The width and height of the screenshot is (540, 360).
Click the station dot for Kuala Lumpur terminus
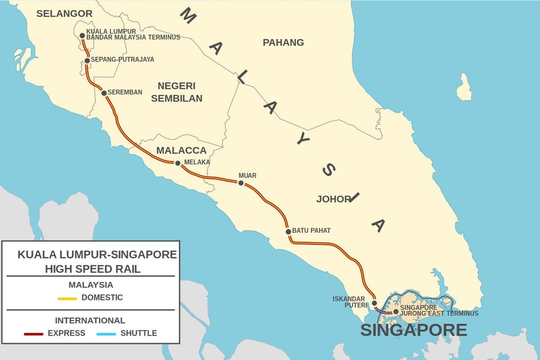click(82, 35)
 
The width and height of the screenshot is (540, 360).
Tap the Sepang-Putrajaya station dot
click(87, 61)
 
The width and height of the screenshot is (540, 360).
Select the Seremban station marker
click(104, 93)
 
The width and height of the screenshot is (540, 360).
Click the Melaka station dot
click(178, 163)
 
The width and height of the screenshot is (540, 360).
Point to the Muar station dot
click(241, 183)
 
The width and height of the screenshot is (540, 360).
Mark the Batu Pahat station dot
click(288, 232)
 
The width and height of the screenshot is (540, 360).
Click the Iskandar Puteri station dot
click(374, 304)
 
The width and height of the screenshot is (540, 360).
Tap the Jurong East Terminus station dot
click(395, 311)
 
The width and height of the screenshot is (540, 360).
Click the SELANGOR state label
click(64, 13)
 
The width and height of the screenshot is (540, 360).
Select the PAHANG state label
click(283, 43)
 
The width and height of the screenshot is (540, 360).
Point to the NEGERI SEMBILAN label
click(176, 92)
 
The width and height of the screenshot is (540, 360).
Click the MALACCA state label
click(181, 150)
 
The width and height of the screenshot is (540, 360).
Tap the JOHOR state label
click(332, 199)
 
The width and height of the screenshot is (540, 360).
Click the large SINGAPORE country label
click(413, 330)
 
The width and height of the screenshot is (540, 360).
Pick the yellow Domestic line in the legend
click(67, 298)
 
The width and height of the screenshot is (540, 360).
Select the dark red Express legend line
click(34, 334)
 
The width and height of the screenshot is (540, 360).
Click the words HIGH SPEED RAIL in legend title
click(93, 269)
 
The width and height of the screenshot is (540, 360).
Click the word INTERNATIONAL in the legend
click(90, 320)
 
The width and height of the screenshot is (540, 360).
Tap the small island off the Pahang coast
click(464, 88)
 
